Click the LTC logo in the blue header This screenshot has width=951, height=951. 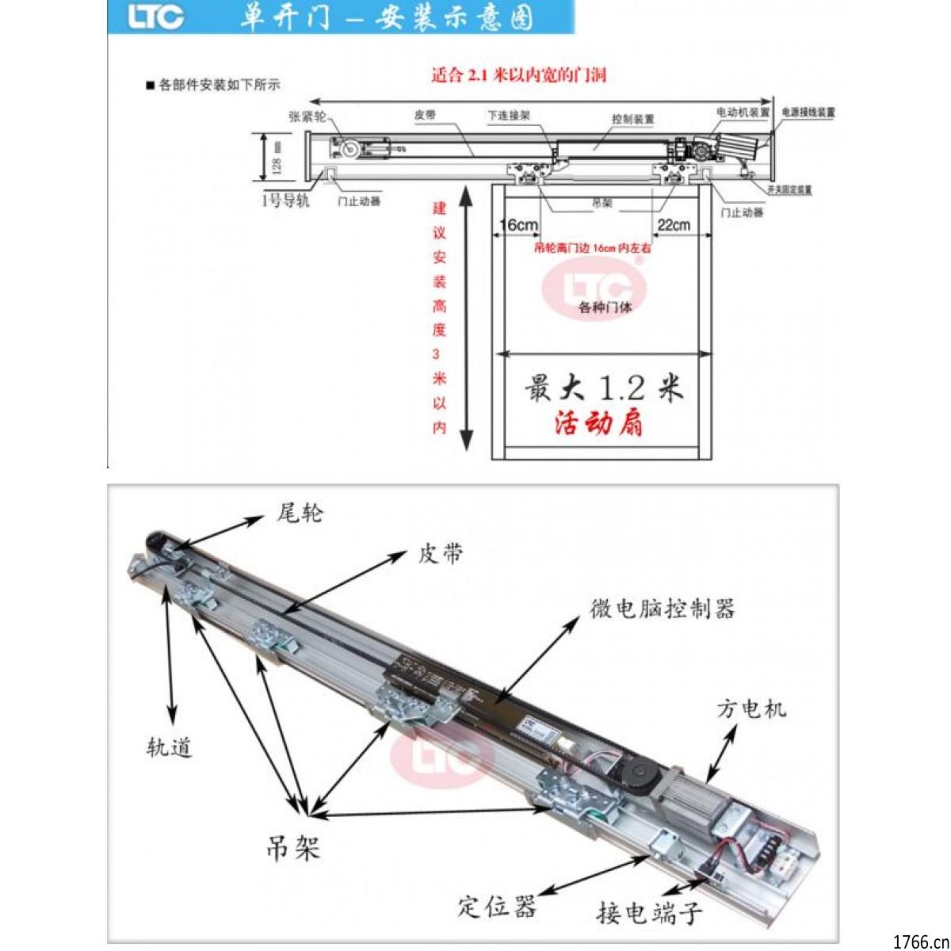156,17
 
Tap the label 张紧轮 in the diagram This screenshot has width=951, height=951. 307,116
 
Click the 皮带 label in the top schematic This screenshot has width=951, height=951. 425,115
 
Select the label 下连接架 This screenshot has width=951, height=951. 509,116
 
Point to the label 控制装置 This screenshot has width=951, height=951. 633,119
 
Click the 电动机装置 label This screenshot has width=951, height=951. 743,113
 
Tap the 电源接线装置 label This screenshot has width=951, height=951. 808,113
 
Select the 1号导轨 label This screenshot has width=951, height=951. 285,201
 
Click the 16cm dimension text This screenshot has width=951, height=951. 519,225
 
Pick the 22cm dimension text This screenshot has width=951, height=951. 674,225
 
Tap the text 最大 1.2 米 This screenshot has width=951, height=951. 603,388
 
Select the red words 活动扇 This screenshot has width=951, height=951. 598,424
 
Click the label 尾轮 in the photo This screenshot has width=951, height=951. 300,514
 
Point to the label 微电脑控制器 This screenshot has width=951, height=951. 663,609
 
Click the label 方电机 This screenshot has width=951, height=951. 751,708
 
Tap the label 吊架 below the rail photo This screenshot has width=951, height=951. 293,849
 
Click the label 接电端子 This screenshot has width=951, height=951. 649,914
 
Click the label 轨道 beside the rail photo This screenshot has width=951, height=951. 169,747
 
